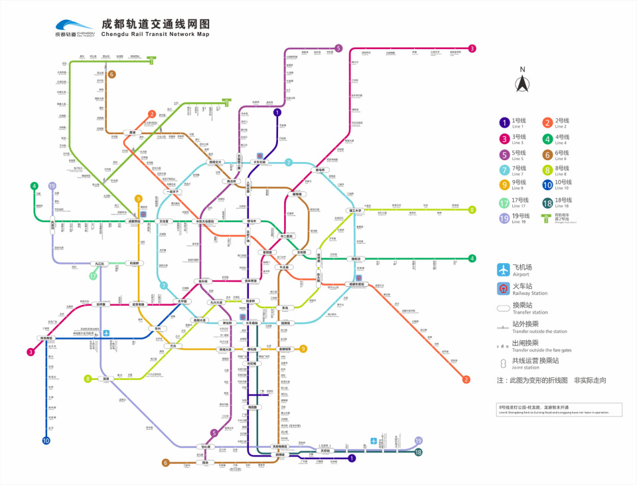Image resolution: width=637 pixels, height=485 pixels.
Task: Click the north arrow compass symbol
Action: [522, 83]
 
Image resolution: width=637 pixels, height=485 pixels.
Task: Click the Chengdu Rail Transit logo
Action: [74, 27]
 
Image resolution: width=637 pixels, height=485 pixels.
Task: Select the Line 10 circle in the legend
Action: [547, 185]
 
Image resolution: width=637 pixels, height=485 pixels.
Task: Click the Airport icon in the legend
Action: [504, 270]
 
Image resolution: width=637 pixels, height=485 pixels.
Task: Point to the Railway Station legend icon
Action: [504, 289]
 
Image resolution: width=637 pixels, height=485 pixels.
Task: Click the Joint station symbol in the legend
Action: [504, 363]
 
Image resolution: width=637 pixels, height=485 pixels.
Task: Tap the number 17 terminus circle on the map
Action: [94, 276]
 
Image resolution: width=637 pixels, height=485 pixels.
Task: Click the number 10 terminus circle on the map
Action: [46, 440]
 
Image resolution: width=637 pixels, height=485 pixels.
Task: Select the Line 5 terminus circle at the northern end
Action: [338, 48]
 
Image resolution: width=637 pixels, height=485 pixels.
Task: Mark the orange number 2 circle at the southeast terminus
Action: [466, 379]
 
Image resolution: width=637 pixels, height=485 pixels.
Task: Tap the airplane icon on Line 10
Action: [105, 332]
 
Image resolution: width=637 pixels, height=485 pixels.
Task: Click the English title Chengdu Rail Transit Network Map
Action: [155, 34]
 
